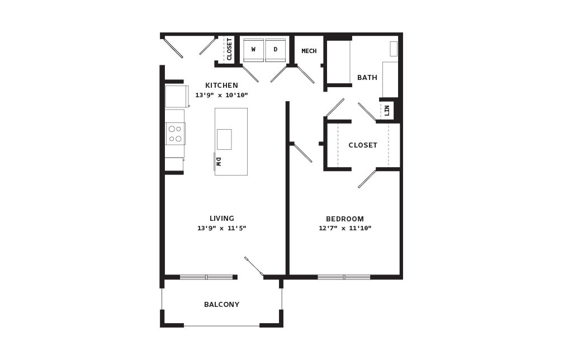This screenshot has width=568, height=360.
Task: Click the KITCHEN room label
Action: pyautogui.click(x=222, y=86)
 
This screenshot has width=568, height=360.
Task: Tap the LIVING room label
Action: pyautogui.click(x=222, y=219)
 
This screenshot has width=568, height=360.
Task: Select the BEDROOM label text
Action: pyautogui.click(x=345, y=219)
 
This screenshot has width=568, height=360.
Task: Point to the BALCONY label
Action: pyautogui.click(x=222, y=305)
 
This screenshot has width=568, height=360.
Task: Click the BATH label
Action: pyautogui.click(x=367, y=78)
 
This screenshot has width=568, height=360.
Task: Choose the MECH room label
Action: pyautogui.click(x=309, y=51)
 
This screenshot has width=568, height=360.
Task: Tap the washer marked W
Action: pyautogui.click(x=253, y=50)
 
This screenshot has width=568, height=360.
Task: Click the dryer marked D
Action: pyautogui.click(x=276, y=50)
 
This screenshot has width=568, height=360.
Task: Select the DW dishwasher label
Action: pyautogui.click(x=219, y=162)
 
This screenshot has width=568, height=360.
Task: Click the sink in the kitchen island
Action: pyautogui.click(x=224, y=139)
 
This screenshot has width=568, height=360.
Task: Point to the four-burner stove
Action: pyautogui.click(x=176, y=134)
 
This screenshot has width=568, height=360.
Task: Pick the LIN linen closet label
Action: pyautogui.click(x=387, y=111)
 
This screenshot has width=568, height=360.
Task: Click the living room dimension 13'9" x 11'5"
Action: pyautogui.click(x=222, y=228)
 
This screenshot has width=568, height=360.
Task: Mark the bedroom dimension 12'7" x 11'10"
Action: pyautogui.click(x=345, y=228)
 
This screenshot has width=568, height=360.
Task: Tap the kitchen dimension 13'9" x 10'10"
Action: pyautogui.click(x=222, y=95)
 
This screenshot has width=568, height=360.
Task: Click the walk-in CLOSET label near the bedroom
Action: pyautogui.click(x=363, y=145)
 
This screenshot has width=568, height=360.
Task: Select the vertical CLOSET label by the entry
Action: pyautogui.click(x=229, y=49)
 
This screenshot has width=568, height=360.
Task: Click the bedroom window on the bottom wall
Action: pyautogui.click(x=344, y=277)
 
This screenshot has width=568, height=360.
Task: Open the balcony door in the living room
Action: pyautogui.click(x=254, y=267)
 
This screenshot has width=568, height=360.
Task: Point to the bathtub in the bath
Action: pyautogui.click(x=339, y=62)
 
